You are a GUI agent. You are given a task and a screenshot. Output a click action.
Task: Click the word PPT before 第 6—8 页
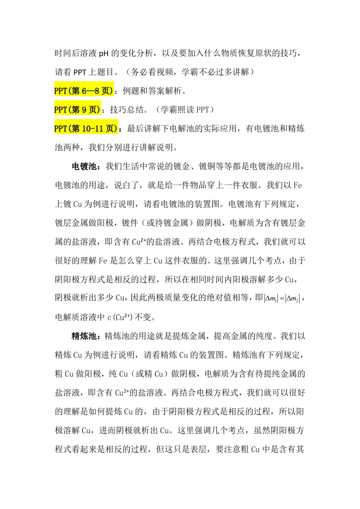pos(60,91)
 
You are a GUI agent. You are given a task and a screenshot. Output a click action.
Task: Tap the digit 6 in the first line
pos(84,91)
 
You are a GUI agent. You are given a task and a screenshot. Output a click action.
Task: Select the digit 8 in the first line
pos(97,91)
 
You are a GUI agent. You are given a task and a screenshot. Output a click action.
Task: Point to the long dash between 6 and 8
pos(90,91)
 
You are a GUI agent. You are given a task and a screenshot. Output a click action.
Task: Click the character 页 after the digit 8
pos(105,91)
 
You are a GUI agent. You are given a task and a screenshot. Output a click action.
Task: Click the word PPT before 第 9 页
pos(60,110)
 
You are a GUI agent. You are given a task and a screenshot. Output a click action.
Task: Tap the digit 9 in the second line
pos(84,110)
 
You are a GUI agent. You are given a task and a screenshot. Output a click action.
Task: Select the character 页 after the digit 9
pos(93,110)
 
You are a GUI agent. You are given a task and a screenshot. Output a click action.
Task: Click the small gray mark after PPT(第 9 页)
pos(103,111)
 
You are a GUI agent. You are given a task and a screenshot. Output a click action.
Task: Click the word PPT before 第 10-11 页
pos(60,129)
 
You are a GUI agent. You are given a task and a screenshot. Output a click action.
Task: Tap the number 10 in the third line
pos(86,129)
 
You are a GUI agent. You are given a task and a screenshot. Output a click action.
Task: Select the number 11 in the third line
pos(99,129)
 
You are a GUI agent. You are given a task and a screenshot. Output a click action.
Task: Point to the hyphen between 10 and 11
pos(93,129)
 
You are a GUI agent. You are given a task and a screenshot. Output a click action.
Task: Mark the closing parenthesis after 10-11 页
pos(116,129)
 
